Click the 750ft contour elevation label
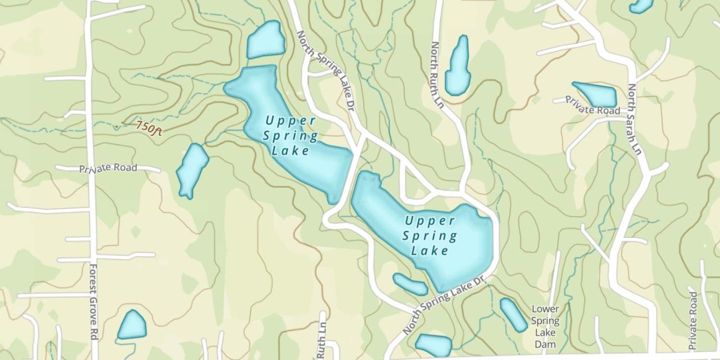click(x=148, y=128)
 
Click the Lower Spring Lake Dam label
click(x=545, y=326)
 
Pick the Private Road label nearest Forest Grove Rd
click(x=108, y=168)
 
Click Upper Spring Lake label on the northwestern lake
click(x=290, y=136)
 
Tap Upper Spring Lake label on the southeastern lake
click(x=430, y=236)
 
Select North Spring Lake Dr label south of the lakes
click(x=442, y=305)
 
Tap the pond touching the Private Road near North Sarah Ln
click(x=596, y=94)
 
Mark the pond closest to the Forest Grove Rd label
click(x=132, y=325)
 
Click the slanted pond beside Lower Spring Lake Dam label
click(x=513, y=314)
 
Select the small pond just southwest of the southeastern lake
click(x=410, y=284)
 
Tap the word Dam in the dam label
click(x=545, y=344)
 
